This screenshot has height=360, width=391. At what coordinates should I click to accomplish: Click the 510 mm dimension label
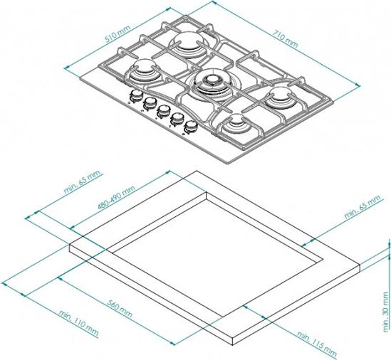pyautogui.click(x=118, y=33)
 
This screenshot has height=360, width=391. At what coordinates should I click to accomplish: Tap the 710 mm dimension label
pyautogui.click(x=286, y=38)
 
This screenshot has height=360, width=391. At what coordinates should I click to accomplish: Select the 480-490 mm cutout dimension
pyautogui.click(x=116, y=197)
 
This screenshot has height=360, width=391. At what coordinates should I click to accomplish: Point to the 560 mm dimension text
pyautogui.click(x=120, y=308)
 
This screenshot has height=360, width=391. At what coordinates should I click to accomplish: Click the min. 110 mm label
pyautogui.click(x=78, y=323)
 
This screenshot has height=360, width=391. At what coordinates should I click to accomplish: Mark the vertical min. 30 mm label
pyautogui.click(x=386, y=312)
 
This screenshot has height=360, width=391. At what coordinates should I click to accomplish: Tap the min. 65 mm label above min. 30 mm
pyautogui.click(x=363, y=207)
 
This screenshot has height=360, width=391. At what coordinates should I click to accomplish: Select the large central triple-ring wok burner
pyautogui.click(x=212, y=85)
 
